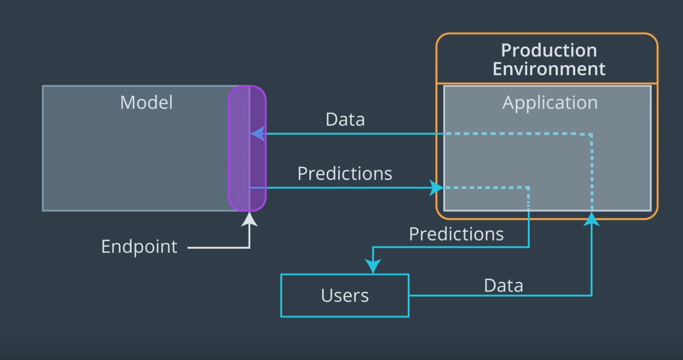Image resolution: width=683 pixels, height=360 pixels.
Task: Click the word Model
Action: click(x=146, y=102)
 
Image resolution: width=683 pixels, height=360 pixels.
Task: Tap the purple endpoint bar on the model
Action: click(x=247, y=148)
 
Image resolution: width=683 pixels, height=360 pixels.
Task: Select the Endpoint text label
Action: click(x=139, y=246)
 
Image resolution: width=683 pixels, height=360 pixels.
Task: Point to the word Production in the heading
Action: click(x=549, y=50)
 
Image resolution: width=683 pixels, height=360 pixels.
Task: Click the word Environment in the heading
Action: click(x=549, y=68)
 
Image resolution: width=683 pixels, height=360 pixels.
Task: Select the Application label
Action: click(x=550, y=103)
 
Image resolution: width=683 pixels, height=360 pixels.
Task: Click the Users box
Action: click(x=344, y=295)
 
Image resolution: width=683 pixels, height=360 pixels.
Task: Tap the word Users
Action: click(x=344, y=295)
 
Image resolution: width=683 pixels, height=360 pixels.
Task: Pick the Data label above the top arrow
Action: click(x=345, y=119)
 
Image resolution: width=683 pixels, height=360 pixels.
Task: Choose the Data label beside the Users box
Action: click(x=503, y=285)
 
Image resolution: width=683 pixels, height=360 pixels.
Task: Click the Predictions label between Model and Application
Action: click(x=344, y=174)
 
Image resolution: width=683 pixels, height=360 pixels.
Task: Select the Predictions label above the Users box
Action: click(x=456, y=233)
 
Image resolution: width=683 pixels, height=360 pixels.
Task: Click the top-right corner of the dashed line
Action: click(x=591, y=134)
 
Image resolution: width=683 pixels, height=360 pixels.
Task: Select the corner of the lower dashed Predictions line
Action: click(x=528, y=188)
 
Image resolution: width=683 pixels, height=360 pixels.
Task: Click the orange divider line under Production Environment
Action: click(x=547, y=83)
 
